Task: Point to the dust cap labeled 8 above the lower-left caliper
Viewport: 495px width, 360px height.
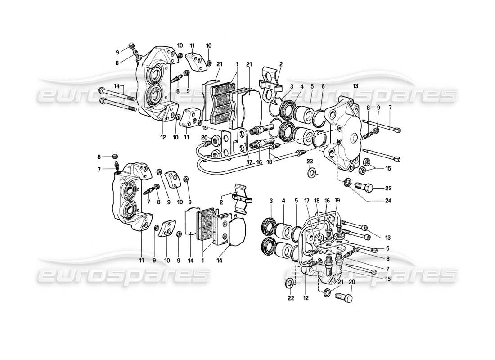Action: point(114,157)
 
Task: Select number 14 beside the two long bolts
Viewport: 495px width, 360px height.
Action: point(117,86)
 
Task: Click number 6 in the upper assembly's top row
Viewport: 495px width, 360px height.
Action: point(323,86)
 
